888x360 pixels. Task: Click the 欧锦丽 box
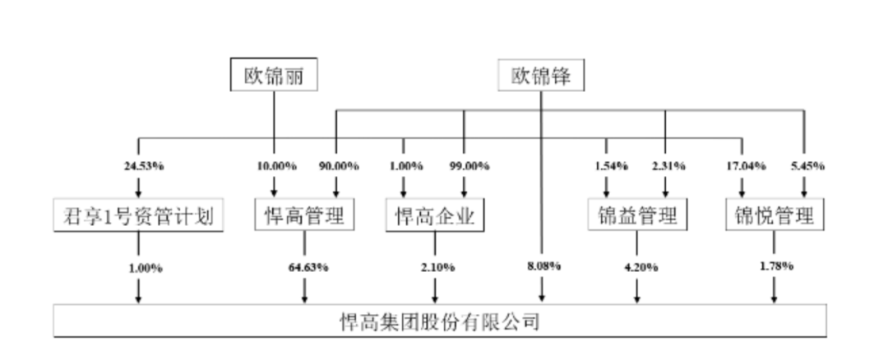274,74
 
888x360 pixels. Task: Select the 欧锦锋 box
541,75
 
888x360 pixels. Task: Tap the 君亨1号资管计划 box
139,215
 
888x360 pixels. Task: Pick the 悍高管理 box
305,215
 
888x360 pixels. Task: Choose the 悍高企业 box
435,215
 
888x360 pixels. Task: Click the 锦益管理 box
638,215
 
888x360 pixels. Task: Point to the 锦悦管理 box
775,215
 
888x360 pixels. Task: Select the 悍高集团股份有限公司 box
440,321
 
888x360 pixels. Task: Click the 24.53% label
145,166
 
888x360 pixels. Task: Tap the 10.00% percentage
277,166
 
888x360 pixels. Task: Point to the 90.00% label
339,166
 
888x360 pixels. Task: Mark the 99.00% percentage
469,166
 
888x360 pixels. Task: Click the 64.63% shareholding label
308,267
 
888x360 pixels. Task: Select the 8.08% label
544,265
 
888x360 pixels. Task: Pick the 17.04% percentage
747,166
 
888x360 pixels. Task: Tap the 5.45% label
808,166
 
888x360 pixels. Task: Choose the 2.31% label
668,166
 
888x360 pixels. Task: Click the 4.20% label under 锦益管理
641,267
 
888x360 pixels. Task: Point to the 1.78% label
776,265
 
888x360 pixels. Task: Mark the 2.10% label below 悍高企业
437,267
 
